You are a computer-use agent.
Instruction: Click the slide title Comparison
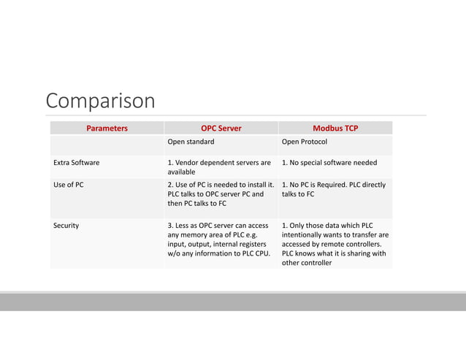100,100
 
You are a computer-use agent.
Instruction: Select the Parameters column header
107,129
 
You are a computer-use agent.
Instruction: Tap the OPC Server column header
221,129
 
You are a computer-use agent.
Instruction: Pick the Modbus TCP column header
335,129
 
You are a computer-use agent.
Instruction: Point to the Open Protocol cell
304,142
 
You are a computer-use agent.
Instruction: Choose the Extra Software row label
77,163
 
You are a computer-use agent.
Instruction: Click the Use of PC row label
69,185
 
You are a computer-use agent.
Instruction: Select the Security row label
66,226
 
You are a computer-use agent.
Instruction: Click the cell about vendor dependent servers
219,167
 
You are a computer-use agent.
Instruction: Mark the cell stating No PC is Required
333,189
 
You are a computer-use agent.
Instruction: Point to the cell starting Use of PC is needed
221,194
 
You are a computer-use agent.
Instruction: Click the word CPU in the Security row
261,253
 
